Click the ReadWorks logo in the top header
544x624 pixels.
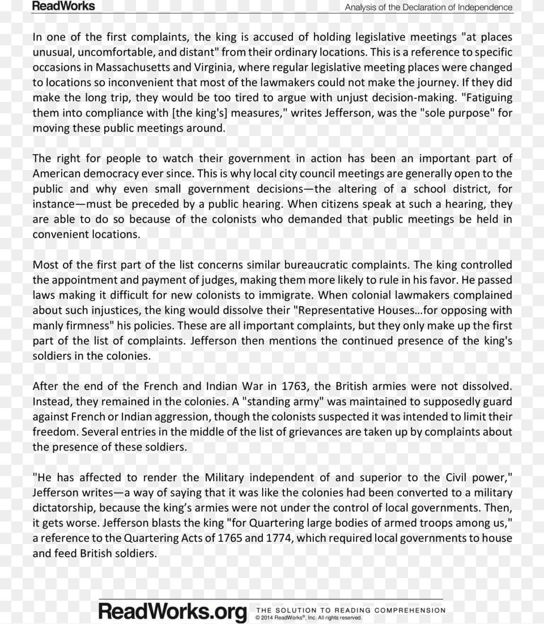click(x=63, y=6)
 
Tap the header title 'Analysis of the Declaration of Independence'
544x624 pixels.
click(x=428, y=7)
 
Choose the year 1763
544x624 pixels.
click(x=295, y=387)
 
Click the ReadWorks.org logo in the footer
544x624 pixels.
click(x=173, y=612)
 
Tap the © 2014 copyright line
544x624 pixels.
click(x=308, y=618)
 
